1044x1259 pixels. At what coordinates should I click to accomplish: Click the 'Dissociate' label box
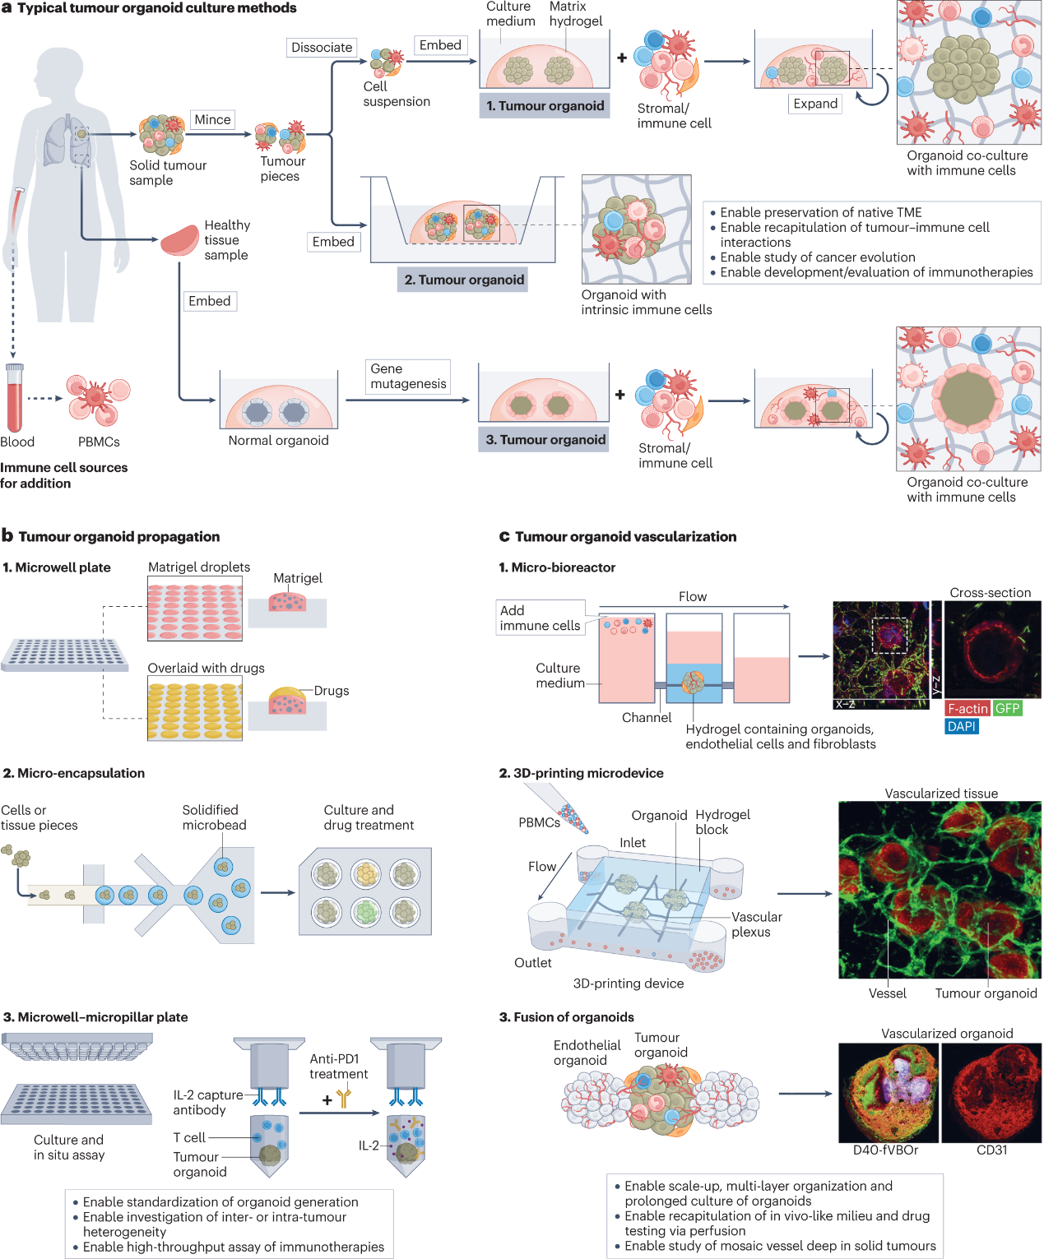[322, 48]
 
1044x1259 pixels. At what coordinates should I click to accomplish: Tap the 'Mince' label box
[212, 120]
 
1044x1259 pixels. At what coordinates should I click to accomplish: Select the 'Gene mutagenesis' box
[408, 377]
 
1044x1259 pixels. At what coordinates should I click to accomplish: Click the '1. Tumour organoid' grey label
[545, 106]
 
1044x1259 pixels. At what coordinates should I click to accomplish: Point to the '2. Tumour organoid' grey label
[464, 280]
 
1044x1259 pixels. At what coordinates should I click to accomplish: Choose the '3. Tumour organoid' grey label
[545, 440]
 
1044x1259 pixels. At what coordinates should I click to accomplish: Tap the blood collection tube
[14, 399]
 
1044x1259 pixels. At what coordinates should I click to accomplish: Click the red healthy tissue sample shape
[179, 239]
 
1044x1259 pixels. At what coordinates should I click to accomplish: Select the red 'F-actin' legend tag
[967, 709]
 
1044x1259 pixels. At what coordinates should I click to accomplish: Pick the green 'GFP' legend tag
[1007, 709]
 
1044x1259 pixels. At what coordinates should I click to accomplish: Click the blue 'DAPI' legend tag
[961, 727]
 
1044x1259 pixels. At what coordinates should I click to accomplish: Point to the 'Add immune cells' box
[540, 618]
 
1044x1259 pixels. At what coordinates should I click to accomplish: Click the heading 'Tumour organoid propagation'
[119, 537]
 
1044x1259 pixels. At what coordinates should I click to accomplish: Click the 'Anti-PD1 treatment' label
[338, 1067]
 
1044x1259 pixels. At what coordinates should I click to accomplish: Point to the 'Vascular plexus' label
[756, 924]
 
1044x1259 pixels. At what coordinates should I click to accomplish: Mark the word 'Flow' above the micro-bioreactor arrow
[693, 597]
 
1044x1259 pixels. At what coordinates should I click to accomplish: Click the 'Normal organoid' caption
[278, 441]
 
